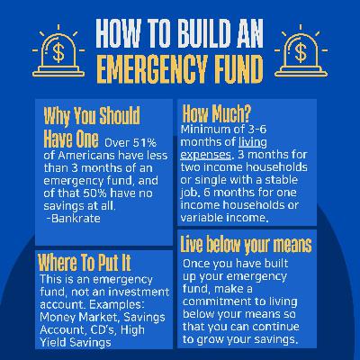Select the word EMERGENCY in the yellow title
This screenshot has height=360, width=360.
point(152,69)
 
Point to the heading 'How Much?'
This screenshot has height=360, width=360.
point(216,113)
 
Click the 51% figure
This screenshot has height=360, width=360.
point(145,143)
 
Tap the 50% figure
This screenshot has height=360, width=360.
point(90,193)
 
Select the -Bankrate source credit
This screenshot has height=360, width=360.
point(74,218)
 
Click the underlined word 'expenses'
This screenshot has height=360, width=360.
point(206,155)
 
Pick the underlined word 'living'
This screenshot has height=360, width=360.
point(253,142)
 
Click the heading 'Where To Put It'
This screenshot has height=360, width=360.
point(85,263)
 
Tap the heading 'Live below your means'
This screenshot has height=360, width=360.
point(247,245)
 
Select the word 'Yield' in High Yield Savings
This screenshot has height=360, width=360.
point(52,342)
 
